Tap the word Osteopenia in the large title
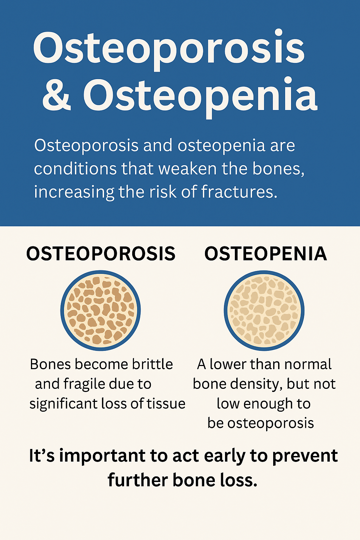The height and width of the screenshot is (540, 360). coord(200,96)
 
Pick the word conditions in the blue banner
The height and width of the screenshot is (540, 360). coord(75,168)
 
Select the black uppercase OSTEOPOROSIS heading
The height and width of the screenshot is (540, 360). coord(101,253)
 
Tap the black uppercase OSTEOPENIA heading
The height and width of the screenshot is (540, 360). coord(265,253)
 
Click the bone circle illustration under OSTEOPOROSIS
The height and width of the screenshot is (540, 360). coord(101,310)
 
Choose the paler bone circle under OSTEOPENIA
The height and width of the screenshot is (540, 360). coord(264,310)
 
